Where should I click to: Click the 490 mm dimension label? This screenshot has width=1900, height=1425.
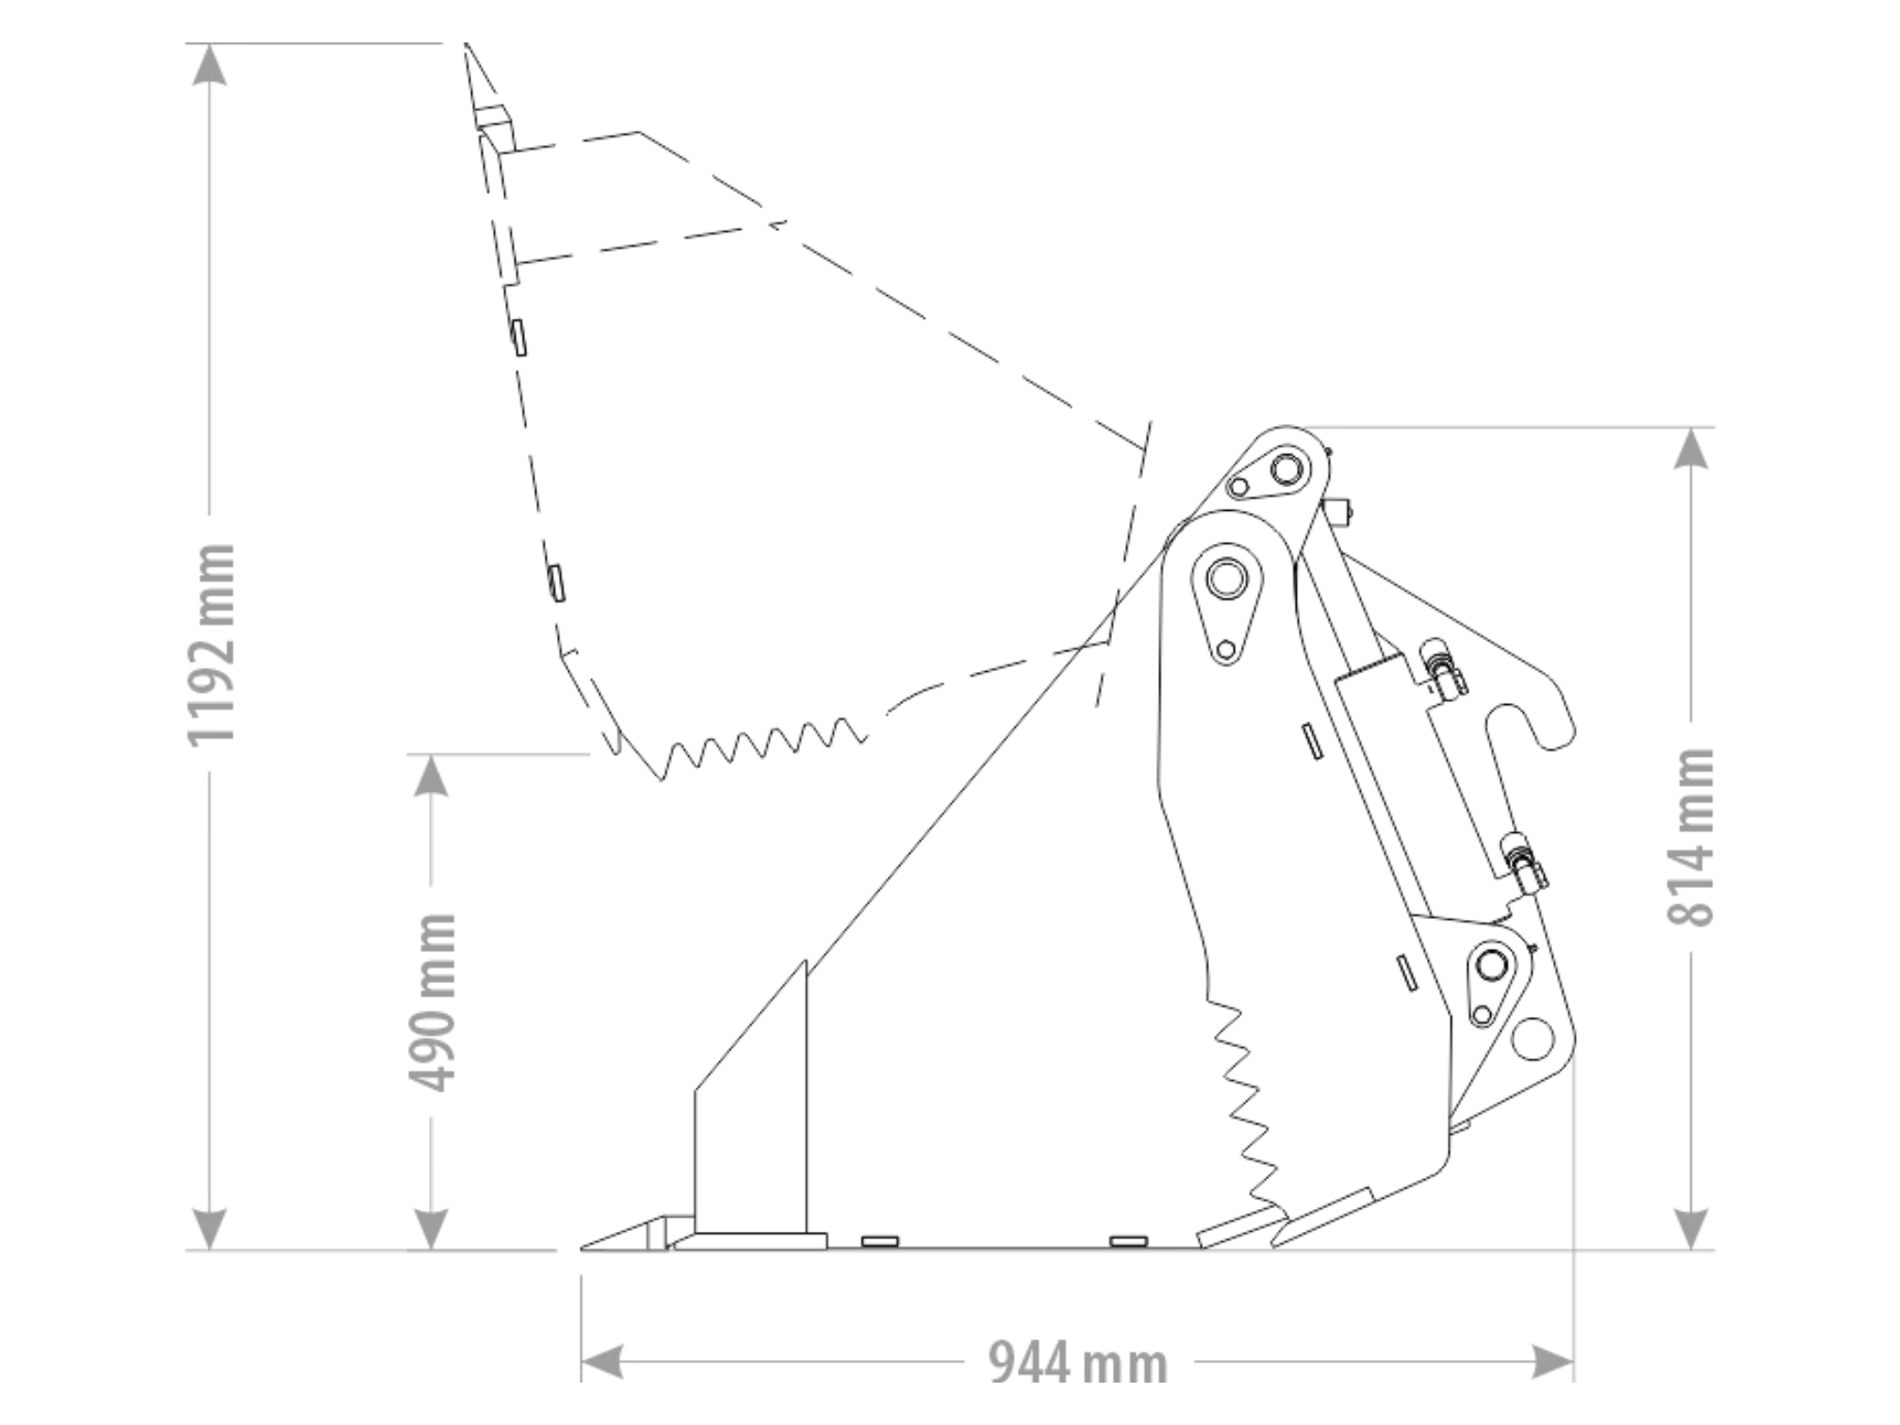click(x=433, y=1003)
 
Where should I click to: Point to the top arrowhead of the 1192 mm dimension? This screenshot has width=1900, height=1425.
click(x=209, y=64)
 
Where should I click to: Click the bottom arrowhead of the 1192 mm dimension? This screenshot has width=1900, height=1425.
click(x=209, y=1229)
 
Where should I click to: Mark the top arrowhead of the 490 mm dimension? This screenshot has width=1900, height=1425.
click(x=432, y=776)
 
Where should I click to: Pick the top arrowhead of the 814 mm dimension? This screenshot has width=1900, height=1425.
click(x=1693, y=449)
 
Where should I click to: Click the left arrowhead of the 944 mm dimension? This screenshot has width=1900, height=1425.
click(x=602, y=1362)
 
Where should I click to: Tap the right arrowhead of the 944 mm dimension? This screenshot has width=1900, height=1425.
click(x=1552, y=1362)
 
